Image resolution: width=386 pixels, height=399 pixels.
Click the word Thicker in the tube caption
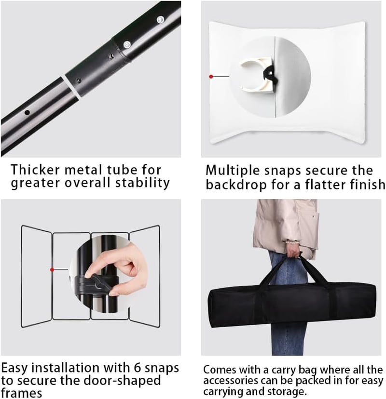coord(35,170)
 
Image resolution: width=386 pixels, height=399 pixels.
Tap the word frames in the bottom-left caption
coord(21,393)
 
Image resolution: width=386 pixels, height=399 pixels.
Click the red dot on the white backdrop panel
coord(211,76)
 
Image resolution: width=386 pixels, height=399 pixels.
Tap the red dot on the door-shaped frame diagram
coord(52,269)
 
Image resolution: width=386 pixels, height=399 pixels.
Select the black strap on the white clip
coord(270,75)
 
